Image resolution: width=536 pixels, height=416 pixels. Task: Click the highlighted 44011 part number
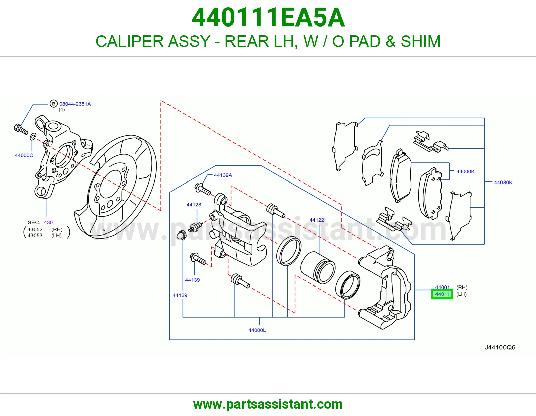[x=442, y=294]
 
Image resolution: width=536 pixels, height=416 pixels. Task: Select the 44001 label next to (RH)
[x=442, y=287]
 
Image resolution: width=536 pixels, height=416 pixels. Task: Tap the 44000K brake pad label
[x=465, y=171]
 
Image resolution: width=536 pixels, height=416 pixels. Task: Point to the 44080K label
[x=503, y=182]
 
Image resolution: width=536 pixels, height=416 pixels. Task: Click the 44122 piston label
[x=317, y=220]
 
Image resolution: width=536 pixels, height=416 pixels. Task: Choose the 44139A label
[x=223, y=175]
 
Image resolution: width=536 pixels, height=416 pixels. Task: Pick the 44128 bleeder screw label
[x=194, y=205]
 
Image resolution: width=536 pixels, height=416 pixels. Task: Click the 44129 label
[x=180, y=295]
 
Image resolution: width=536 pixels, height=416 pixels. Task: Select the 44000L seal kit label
[x=257, y=330]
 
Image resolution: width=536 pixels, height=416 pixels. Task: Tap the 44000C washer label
[x=24, y=155]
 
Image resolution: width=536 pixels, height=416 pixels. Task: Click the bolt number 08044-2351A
[x=75, y=104]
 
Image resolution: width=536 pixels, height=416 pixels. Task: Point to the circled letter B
[x=54, y=104]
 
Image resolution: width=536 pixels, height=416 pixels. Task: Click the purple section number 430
[x=48, y=222]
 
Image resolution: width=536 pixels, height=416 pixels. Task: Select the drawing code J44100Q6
[x=500, y=347]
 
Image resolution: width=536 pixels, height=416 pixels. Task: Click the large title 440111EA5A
[x=268, y=17]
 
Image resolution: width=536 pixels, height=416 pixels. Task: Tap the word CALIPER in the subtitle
[x=130, y=41]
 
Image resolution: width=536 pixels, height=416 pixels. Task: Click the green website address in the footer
[x=268, y=404]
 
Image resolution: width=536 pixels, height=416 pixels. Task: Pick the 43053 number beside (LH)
[x=35, y=236]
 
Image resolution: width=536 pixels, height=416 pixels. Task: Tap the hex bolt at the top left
[x=21, y=129]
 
